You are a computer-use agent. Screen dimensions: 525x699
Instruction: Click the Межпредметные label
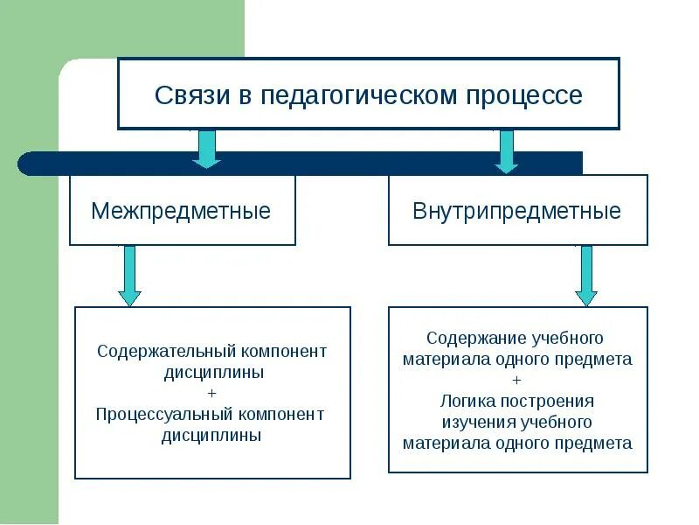point(181,211)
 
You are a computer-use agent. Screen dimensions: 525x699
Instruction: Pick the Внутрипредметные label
point(517,211)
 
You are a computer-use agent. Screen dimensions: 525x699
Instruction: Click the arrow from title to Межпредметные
point(206,148)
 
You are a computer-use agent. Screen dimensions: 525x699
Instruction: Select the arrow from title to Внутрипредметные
point(506,150)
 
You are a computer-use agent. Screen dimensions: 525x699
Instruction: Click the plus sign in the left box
point(214,393)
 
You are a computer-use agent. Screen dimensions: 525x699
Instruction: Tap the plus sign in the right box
point(517,380)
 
